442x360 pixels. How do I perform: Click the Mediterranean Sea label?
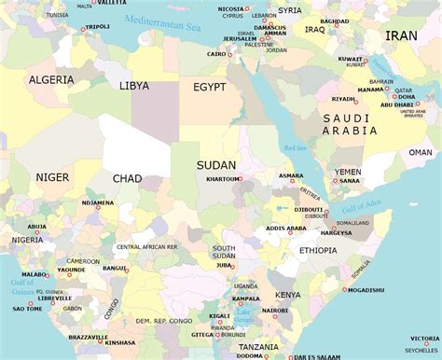pos(164,20)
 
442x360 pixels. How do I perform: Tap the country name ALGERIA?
pos(51,80)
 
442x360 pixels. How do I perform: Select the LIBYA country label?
pos(134,86)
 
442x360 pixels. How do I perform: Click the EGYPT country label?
pos(210,87)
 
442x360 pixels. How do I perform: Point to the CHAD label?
pos(128,178)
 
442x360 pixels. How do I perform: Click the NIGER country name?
pos(52,177)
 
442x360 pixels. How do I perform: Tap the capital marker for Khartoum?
pos(240,178)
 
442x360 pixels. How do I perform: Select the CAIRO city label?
pos(216,54)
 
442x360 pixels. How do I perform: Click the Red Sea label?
pos(295,148)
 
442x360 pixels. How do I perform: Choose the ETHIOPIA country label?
pos(318,250)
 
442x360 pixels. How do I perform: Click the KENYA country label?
pos(288,295)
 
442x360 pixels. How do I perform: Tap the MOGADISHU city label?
pos(366,290)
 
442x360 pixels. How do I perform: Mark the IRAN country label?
pos(402,35)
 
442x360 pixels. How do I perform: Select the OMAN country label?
pos(421,152)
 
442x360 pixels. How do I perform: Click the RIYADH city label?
pos(343,99)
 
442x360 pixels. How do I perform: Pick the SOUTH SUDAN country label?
pos(224,252)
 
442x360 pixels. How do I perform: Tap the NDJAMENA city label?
pos(98,202)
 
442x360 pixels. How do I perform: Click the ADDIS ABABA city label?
pos(285,228)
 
